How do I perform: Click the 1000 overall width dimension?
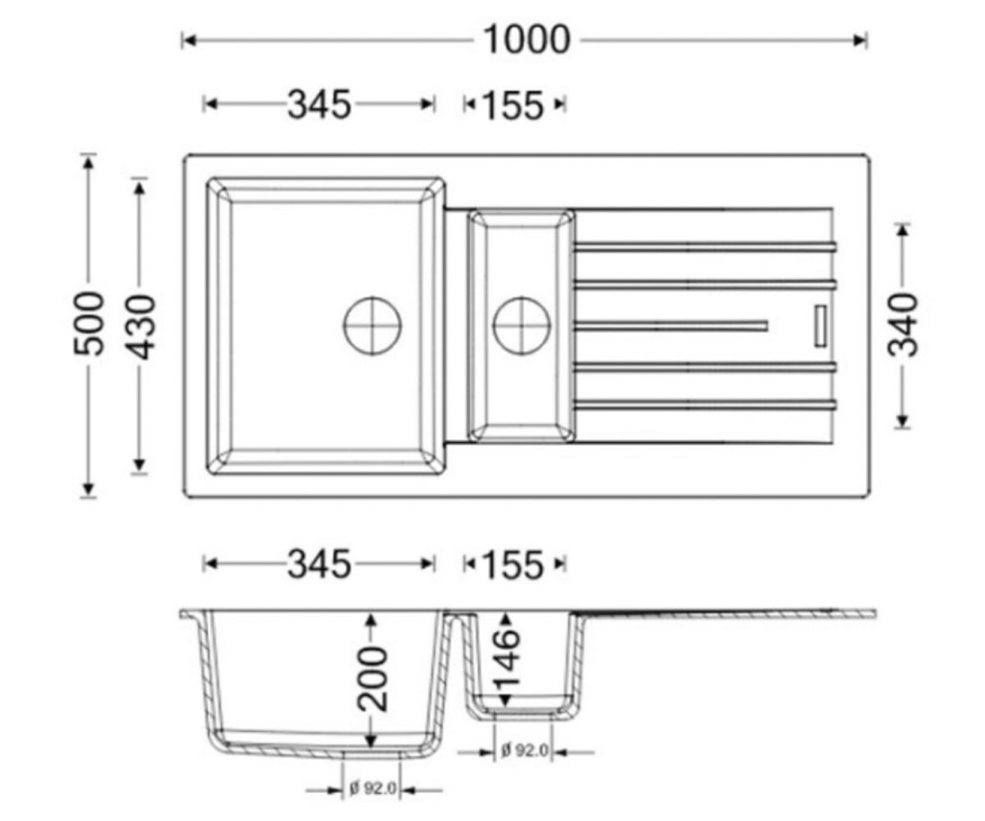pos(527,40)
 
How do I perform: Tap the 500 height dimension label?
pos(89,323)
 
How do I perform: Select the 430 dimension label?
pos(140,327)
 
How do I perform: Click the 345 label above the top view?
pos(319,105)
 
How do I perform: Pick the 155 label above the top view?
pos(513,106)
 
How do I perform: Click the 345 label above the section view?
pos(319,564)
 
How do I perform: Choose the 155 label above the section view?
pos(513,565)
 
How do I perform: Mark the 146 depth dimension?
pos(506,658)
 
